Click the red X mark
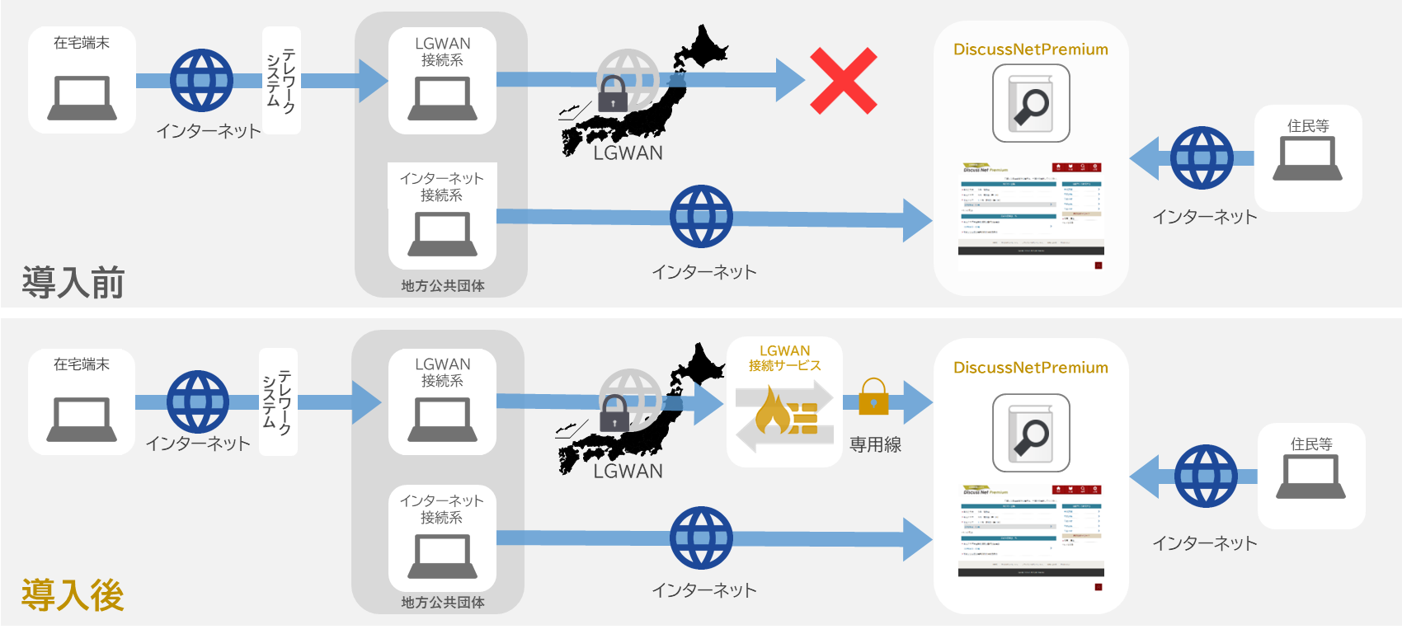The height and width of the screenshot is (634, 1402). pyautogui.click(x=843, y=80)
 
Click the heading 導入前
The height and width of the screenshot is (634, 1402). pyautogui.click(x=73, y=282)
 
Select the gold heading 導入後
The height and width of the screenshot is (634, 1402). pyautogui.click(x=73, y=594)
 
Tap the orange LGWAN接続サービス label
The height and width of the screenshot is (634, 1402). pyautogui.click(x=784, y=358)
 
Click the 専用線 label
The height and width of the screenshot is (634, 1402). pyautogui.click(x=875, y=444)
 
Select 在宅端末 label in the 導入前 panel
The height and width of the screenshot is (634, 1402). pyautogui.click(x=81, y=43)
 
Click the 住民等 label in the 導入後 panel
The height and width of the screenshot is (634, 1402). pyautogui.click(x=1310, y=444)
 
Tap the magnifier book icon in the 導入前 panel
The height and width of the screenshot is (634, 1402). pyautogui.click(x=1031, y=104)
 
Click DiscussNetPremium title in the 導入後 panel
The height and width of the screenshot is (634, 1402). pyautogui.click(x=1030, y=368)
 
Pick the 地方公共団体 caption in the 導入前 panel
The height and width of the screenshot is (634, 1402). pyautogui.click(x=443, y=285)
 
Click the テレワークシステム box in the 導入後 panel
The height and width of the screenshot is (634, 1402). pyautogui.click(x=278, y=402)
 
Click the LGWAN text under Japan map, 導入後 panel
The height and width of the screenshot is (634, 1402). pyautogui.click(x=628, y=471)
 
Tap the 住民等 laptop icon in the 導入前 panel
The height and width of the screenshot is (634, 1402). pyautogui.click(x=1307, y=159)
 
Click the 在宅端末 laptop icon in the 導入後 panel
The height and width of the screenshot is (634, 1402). pyautogui.click(x=81, y=420)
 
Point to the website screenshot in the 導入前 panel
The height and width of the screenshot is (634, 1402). pyautogui.click(x=1031, y=210)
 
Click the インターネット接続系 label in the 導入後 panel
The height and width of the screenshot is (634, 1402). pyautogui.click(x=441, y=509)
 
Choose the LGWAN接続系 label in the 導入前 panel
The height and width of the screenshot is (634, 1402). pyautogui.click(x=442, y=51)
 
